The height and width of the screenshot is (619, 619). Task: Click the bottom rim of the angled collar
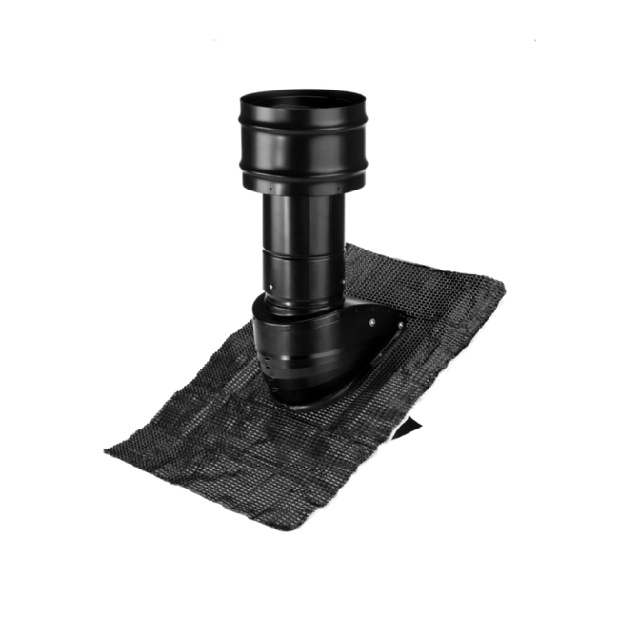pos(305,398)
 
